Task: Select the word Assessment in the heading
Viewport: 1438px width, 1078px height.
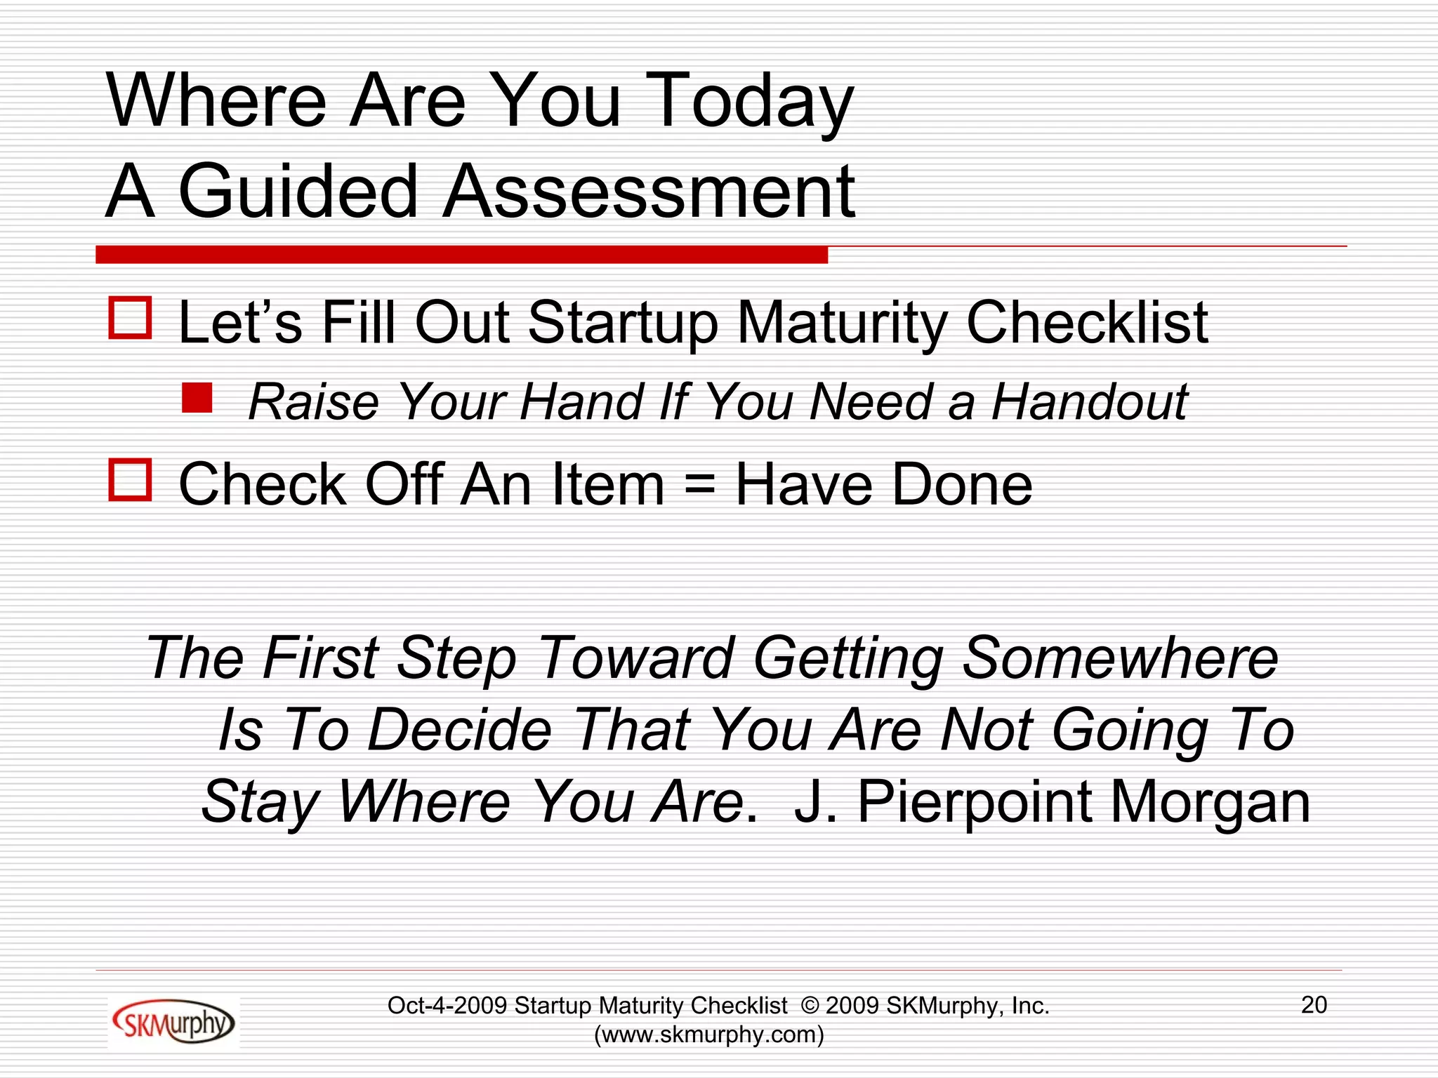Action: click(x=649, y=191)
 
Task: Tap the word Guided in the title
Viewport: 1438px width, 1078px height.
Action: click(x=298, y=191)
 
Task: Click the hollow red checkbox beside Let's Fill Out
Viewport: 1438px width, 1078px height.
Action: click(x=130, y=319)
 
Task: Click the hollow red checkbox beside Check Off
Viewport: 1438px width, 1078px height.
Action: click(x=130, y=480)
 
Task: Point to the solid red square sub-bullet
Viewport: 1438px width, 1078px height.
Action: click(x=197, y=397)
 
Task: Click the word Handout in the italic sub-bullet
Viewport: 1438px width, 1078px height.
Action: click(x=1089, y=402)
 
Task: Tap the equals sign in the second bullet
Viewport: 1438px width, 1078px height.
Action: click(x=699, y=484)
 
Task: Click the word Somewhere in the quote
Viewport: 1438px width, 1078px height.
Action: click(x=1121, y=658)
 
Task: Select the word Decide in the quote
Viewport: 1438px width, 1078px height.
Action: click(x=459, y=730)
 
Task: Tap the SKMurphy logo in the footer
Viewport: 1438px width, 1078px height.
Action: click(x=173, y=1022)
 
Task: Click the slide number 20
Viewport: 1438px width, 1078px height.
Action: click(x=1314, y=1005)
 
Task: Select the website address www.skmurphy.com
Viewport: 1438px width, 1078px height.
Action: click(x=708, y=1034)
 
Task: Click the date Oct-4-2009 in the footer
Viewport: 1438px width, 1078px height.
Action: click(x=447, y=1006)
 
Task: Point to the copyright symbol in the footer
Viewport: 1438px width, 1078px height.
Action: click(x=810, y=1006)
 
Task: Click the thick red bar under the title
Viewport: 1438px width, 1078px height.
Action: click(x=461, y=255)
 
